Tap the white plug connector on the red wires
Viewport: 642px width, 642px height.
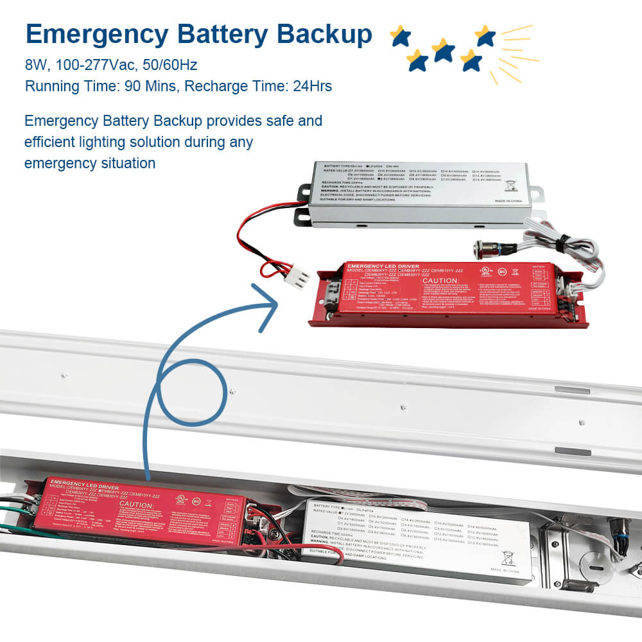pyautogui.click(x=297, y=278)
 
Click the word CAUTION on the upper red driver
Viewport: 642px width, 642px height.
pyautogui.click(x=439, y=281)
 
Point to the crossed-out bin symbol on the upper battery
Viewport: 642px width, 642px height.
pyautogui.click(x=511, y=186)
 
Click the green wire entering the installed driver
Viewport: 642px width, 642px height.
pyautogui.click(x=13, y=510)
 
